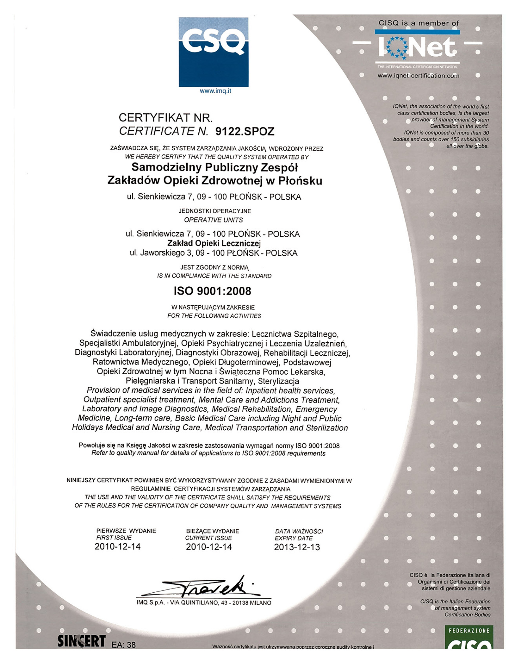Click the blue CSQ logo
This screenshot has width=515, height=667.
[x=214, y=52]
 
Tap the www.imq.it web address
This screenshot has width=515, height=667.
[x=215, y=91]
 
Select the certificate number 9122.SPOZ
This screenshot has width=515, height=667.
[x=245, y=131]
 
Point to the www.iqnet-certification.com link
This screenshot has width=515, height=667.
[x=418, y=76]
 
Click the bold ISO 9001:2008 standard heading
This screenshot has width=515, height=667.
[x=212, y=291]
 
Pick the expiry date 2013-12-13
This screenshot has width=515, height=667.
[x=297, y=547]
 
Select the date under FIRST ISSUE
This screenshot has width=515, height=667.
[x=117, y=546]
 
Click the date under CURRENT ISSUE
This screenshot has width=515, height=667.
[x=209, y=547]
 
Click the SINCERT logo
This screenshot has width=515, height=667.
[x=81, y=641]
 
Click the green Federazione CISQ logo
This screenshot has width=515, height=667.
[x=469, y=638]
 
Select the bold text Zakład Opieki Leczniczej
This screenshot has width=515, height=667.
[x=214, y=243]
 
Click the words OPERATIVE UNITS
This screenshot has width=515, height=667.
[x=214, y=220]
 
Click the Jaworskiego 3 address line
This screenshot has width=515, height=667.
[x=214, y=253]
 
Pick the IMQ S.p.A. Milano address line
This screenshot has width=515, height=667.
[x=204, y=603]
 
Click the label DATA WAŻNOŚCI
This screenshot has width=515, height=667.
[x=299, y=531]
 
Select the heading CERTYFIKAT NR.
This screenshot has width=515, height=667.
[x=165, y=118]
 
